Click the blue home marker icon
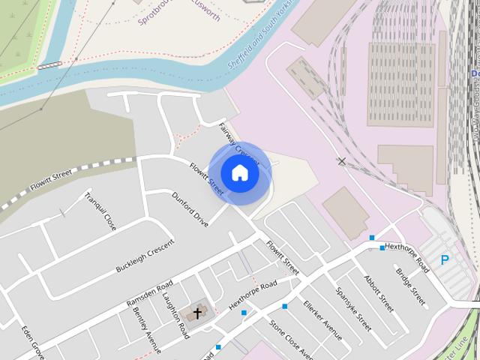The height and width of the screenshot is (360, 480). [239, 172]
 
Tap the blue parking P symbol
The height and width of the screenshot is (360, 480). [445, 260]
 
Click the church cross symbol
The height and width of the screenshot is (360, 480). [197, 313]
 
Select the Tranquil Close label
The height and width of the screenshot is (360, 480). [100, 211]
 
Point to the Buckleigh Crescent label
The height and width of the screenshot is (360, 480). [145, 256]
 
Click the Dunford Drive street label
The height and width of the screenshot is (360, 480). [190, 209]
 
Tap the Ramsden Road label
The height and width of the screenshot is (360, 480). [150, 294]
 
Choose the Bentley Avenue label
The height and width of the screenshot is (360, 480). [146, 328]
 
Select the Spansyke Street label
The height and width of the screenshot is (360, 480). [353, 309]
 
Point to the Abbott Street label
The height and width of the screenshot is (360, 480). [378, 292]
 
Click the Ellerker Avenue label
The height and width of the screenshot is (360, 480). [322, 319]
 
